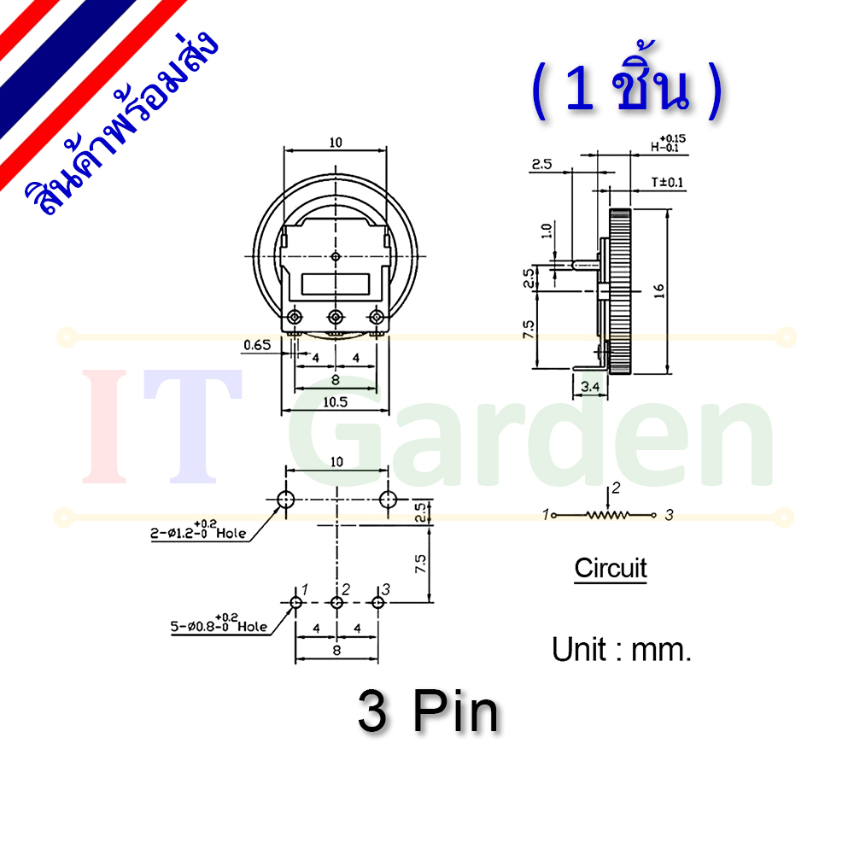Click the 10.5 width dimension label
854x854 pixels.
pos(335,402)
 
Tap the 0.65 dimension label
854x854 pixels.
pos(257,345)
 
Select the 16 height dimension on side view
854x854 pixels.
pos(659,291)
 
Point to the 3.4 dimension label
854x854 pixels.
pos(590,387)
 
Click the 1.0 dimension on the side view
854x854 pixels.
pos(547,231)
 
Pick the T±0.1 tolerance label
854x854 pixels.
pos(667,182)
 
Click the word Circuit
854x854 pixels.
pos(611,568)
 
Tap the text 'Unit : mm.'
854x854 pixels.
pos(622,649)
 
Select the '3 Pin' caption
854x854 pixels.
pos(428,712)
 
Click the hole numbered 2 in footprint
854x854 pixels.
pos(336,602)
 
